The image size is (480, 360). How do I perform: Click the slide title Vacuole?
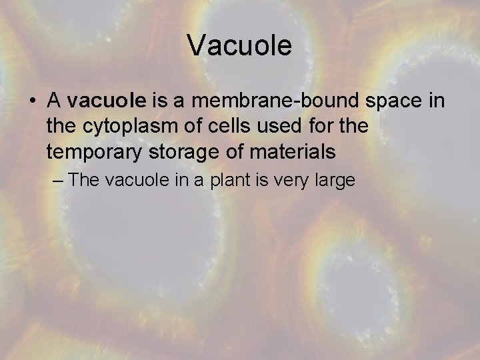pyautogui.click(x=239, y=46)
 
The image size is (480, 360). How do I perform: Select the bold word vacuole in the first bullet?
pyautogui.click(x=107, y=101)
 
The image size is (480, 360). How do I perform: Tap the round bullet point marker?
pyautogui.click(x=32, y=101)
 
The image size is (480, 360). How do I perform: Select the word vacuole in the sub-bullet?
pyautogui.click(x=133, y=180)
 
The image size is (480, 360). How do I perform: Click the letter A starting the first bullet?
pyautogui.click(x=55, y=101)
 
